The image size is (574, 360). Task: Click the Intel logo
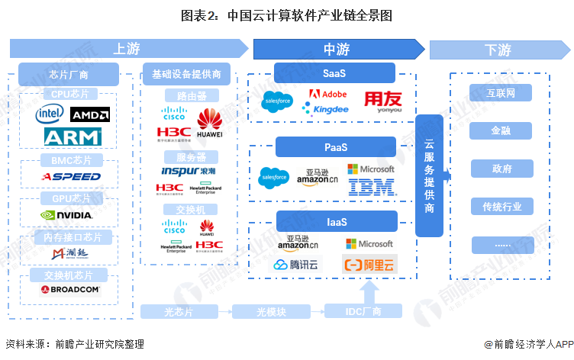click(x=50, y=114)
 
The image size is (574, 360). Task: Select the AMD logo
click(x=89, y=114)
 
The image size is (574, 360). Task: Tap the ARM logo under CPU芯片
click(x=73, y=137)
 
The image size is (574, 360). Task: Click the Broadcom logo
click(x=71, y=290)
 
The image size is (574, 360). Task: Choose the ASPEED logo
click(x=71, y=176)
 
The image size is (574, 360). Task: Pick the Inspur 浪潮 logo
click(x=189, y=171)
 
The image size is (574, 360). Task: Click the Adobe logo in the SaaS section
click(x=327, y=95)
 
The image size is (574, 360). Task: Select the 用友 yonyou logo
click(x=381, y=101)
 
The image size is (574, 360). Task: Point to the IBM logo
click(x=371, y=186)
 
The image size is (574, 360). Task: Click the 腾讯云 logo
click(x=298, y=265)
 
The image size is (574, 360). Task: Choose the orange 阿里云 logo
click(x=370, y=265)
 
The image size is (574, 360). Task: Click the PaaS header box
click(x=336, y=147)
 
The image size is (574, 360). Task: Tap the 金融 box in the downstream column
click(x=501, y=131)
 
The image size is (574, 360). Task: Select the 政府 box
click(x=501, y=169)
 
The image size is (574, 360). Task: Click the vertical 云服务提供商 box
click(x=429, y=175)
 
